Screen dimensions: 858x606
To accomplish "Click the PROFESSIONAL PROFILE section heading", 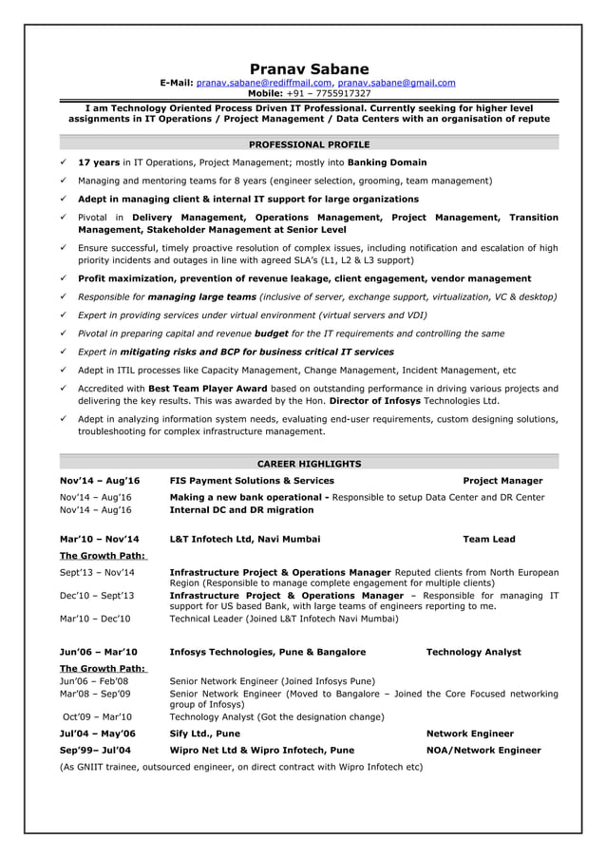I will [x=309, y=144].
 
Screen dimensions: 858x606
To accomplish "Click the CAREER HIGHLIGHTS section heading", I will [x=309, y=464].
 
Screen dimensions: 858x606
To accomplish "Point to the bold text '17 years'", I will [x=98, y=162].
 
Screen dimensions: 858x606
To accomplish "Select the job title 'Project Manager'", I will [x=502, y=481].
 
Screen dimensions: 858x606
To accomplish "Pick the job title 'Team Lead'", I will [x=488, y=539].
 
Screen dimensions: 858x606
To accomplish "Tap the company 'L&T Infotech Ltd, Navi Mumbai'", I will [x=244, y=539].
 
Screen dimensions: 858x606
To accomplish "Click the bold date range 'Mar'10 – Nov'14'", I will [x=99, y=539].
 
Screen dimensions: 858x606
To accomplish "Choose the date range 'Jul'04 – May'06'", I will [x=97, y=734].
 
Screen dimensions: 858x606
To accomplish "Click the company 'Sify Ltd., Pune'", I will [x=204, y=734].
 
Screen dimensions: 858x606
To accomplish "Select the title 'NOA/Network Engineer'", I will [x=483, y=750].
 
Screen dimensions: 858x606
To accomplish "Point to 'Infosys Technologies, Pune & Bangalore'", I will [x=267, y=652].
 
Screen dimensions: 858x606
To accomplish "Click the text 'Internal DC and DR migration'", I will [x=241, y=510].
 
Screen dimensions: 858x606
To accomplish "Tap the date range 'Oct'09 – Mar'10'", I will [x=97, y=717].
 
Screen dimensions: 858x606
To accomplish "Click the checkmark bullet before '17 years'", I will [x=63, y=162].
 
